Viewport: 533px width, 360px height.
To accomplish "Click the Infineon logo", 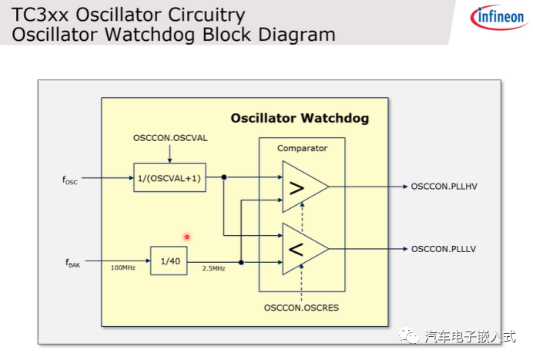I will coord(494,17).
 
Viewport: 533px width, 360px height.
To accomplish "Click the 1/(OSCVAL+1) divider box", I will coord(169,178).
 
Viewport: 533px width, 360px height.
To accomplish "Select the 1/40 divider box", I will coord(168,261).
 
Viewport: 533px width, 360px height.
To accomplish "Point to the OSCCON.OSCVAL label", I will coord(170,138).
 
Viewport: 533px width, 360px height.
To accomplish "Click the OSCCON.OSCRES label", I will coord(301,308).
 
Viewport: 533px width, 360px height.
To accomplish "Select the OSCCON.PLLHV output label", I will coord(444,187).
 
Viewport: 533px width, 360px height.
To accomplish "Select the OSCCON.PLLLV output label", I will coord(444,248).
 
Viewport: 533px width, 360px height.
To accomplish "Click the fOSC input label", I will coord(70,180).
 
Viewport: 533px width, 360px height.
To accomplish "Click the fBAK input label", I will coord(72,263).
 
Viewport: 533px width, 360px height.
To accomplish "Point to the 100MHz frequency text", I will coord(123,268).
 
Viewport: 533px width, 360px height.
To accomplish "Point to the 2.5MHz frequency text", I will coord(213,268).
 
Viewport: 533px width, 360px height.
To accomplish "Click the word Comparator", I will coord(302,148).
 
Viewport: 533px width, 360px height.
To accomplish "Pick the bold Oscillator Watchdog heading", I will coord(300,119).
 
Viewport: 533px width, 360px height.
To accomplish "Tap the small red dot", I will coord(186,237).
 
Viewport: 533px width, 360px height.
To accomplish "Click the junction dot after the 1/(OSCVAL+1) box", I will coord(224,177).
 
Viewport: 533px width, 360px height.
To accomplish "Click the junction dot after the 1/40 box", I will coord(241,262).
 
